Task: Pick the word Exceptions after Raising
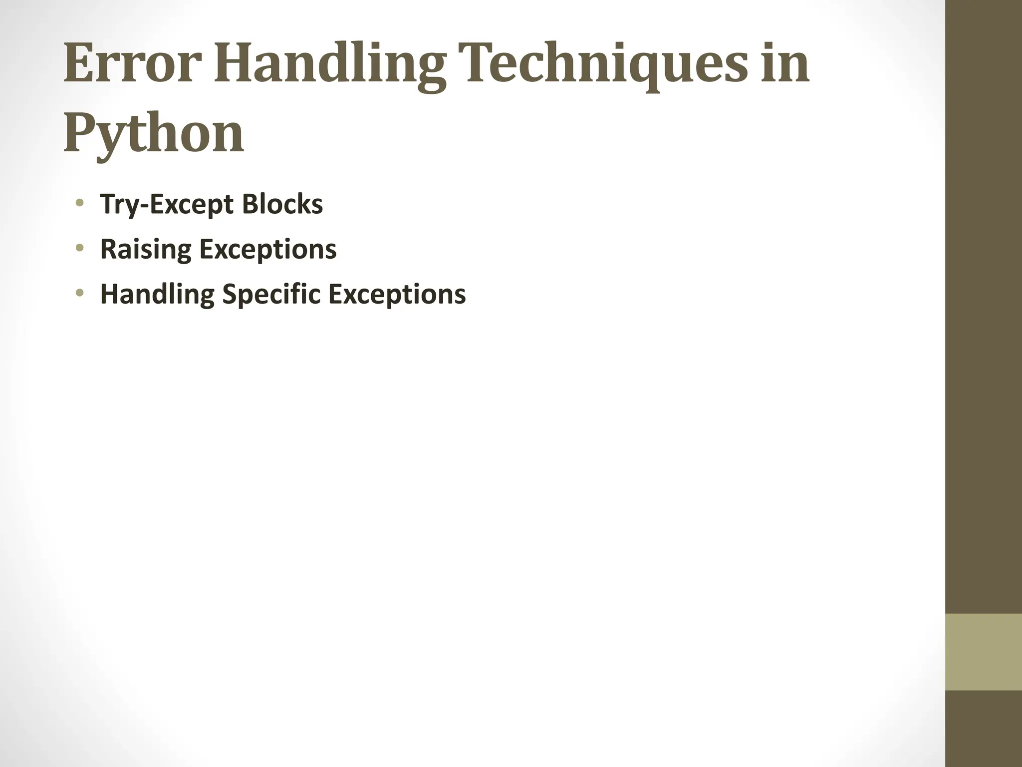click(x=268, y=249)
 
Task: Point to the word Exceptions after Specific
click(x=397, y=294)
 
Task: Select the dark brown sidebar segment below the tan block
click(x=984, y=729)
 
